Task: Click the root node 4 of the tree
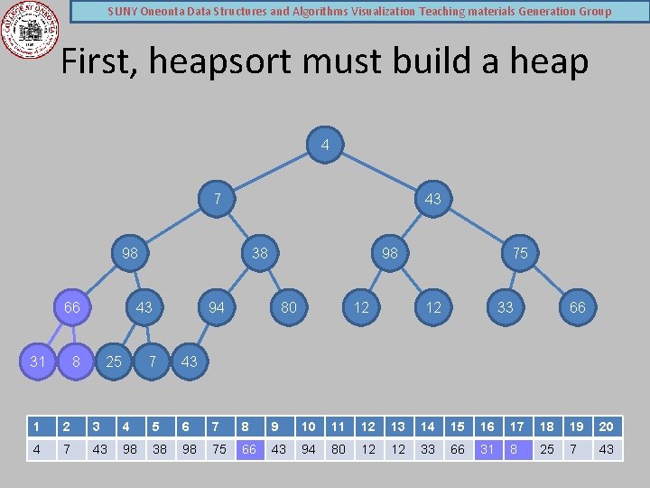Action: pyautogui.click(x=325, y=145)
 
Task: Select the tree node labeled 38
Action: pyautogui.click(x=260, y=253)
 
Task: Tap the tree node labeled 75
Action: pyautogui.click(x=520, y=253)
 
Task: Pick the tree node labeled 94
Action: pyautogui.click(x=217, y=307)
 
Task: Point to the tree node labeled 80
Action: pyautogui.click(x=289, y=307)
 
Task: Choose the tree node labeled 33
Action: pyautogui.click(x=506, y=307)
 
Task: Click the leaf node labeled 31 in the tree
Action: pyautogui.click(x=37, y=361)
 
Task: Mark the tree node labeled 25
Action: pyautogui.click(x=114, y=361)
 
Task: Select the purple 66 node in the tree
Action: pyautogui.click(x=72, y=307)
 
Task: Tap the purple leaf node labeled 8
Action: pyautogui.click(x=77, y=361)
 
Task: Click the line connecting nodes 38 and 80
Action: pyautogui.click(x=274, y=280)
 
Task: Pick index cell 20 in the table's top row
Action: pyautogui.click(x=607, y=427)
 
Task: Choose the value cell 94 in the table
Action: pyautogui.click(x=309, y=449)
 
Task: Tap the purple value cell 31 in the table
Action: pyautogui.click(x=487, y=449)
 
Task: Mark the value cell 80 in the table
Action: pyautogui.click(x=339, y=449)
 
